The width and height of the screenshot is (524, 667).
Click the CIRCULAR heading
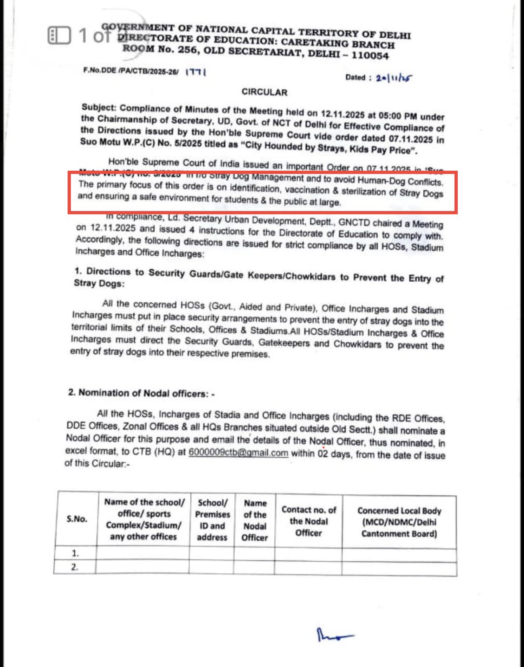click(x=264, y=92)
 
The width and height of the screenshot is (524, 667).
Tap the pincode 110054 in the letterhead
click(x=370, y=56)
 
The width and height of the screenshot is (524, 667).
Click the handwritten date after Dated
click(x=394, y=78)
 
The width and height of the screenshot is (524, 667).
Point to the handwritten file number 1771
click(x=196, y=72)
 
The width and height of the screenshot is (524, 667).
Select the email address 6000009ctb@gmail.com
click(x=238, y=453)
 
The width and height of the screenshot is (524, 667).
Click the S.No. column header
click(x=77, y=519)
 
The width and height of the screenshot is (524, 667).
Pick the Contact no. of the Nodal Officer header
click(x=308, y=521)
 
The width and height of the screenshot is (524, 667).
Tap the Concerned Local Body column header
click(x=399, y=522)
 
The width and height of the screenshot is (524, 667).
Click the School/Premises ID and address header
click(x=212, y=520)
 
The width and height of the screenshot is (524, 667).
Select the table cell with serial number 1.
click(x=76, y=553)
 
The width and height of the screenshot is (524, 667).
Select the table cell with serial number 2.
click(x=75, y=567)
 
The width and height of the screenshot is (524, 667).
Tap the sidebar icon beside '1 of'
click(x=59, y=36)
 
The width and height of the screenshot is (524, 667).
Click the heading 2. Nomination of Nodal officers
click(x=141, y=393)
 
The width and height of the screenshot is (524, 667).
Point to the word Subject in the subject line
click(x=99, y=108)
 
